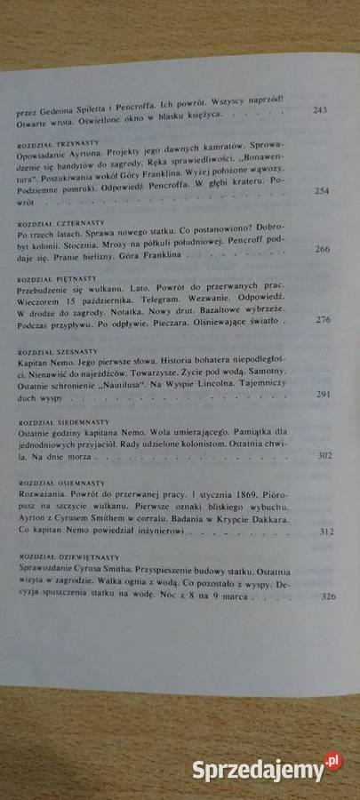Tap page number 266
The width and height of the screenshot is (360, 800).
pyautogui.click(x=322, y=251)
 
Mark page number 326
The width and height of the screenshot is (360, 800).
pyautogui.click(x=327, y=596)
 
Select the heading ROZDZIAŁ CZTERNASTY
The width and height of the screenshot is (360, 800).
pyautogui.click(x=58, y=222)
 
